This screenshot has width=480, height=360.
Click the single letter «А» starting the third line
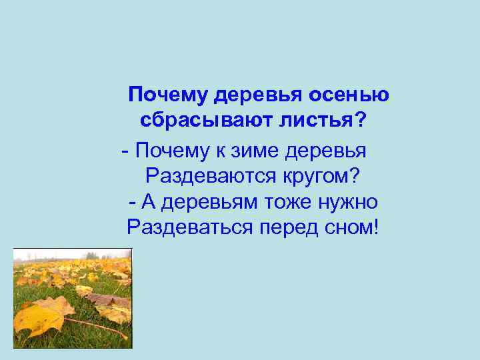(149, 202)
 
